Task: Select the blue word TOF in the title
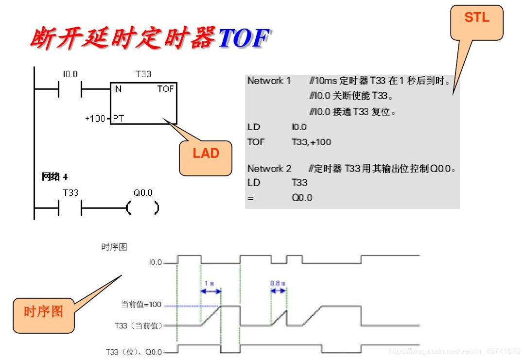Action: (243, 38)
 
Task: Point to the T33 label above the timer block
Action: (143, 74)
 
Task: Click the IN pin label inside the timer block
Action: (118, 89)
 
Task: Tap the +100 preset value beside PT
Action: (95, 119)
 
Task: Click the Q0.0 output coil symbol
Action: (142, 208)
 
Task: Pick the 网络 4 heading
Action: (54, 176)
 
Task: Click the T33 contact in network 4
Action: (70, 208)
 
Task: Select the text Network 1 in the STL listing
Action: (269, 81)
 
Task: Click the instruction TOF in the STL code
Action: (256, 142)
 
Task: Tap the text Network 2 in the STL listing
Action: (269, 169)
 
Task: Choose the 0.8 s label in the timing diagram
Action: (278, 282)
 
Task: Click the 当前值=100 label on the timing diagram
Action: (141, 305)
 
